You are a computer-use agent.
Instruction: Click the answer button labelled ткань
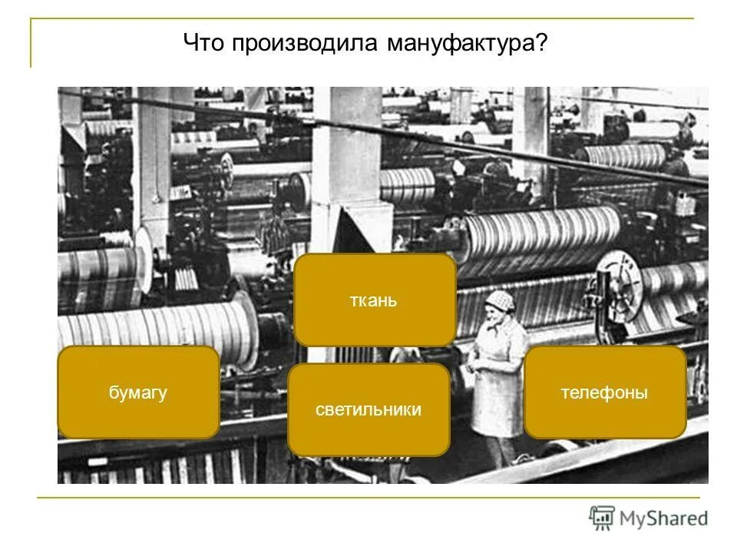point(375,300)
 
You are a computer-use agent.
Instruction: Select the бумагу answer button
point(138,392)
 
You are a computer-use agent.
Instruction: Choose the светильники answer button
point(368,409)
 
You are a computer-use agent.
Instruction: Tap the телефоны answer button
point(605,392)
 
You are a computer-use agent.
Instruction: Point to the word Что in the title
point(203,43)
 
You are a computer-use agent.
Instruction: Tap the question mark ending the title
point(542,43)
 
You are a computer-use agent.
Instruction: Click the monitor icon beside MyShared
point(602,518)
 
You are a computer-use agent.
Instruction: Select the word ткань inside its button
point(375,300)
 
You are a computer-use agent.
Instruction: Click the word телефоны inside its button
point(605,392)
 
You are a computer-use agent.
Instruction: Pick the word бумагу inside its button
point(138,392)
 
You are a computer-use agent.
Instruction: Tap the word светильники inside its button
point(368,409)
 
